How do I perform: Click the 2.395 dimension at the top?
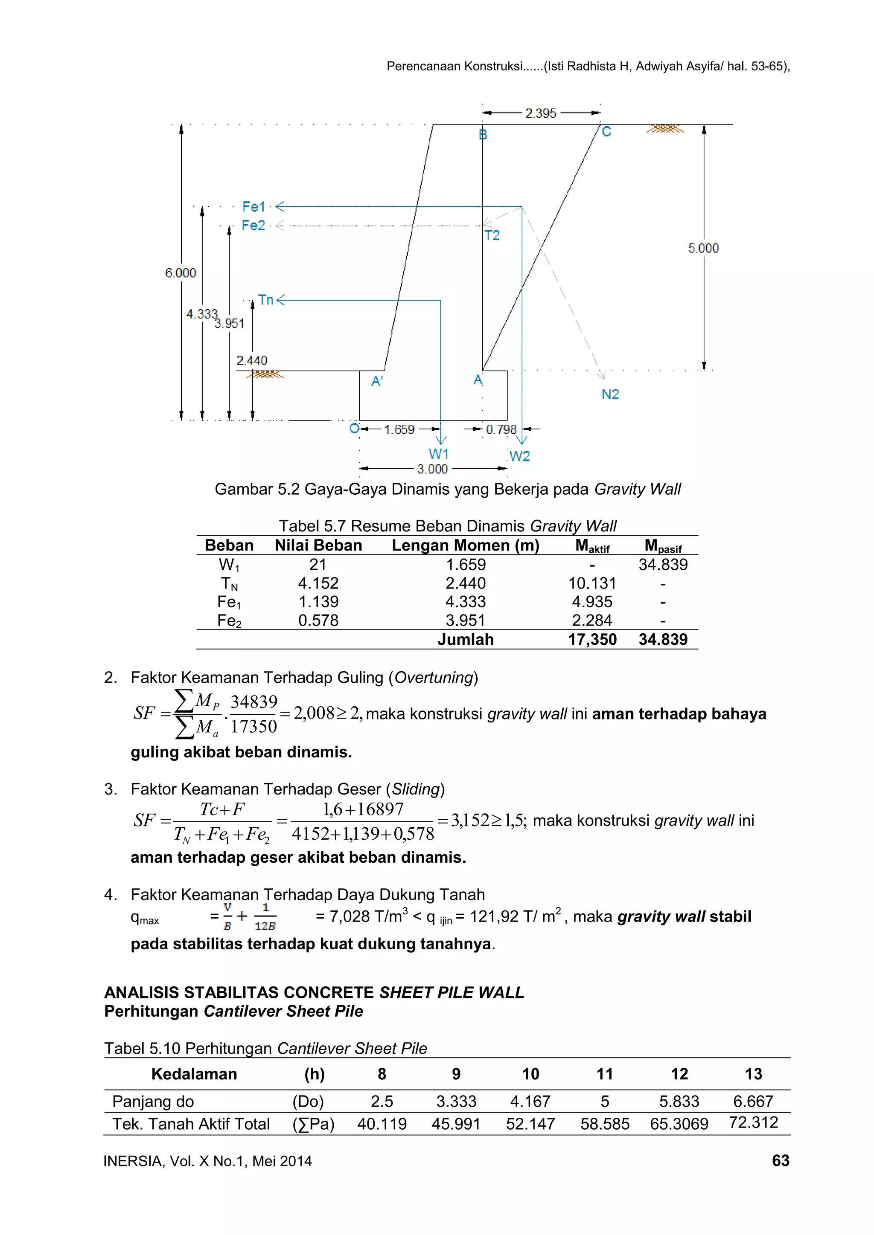(x=540, y=113)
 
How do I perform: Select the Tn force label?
(x=265, y=300)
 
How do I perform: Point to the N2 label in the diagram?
(x=610, y=394)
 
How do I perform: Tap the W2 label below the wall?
(x=519, y=456)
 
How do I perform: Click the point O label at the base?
(x=354, y=429)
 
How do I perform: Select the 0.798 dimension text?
(x=501, y=429)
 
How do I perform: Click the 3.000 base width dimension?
(x=432, y=469)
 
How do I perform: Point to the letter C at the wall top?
(x=606, y=132)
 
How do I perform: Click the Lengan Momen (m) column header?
(x=465, y=545)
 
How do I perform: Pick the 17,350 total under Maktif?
(x=592, y=640)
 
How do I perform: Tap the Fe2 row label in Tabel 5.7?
(x=229, y=621)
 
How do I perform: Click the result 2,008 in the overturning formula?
(x=314, y=713)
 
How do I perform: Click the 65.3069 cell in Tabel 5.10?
(x=679, y=1124)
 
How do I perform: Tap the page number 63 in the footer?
(x=781, y=1161)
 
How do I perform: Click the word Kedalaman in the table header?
(x=194, y=1074)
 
